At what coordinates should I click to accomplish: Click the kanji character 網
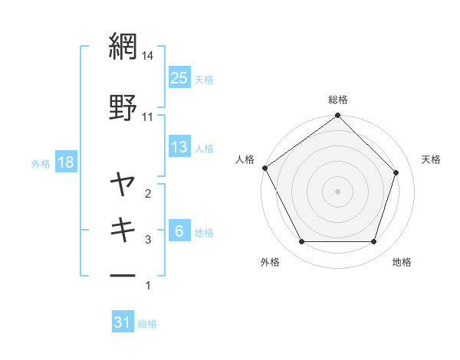pos(123,46)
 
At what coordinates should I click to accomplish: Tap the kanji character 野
pos(123,108)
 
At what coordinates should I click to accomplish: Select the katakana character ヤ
pos(123,185)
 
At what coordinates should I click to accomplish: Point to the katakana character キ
pos(123,230)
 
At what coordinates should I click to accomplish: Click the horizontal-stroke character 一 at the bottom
pos(123,275)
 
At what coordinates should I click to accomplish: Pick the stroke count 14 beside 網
pos(148,55)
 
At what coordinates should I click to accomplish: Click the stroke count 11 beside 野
pos(148,117)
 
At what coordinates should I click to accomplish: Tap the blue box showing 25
pos(179,77)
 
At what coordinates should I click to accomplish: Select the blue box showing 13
pos(179,147)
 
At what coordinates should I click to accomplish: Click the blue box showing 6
pos(179,232)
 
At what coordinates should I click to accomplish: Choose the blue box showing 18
pos(65,162)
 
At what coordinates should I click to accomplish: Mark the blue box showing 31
pos(123,323)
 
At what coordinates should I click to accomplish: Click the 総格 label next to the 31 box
pos(147,324)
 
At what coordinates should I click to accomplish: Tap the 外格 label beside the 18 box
pos(41,163)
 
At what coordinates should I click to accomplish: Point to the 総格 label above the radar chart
pos(338,100)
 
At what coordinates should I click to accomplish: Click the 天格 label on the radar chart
pos(431,159)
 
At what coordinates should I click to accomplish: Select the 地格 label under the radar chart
pos(402,262)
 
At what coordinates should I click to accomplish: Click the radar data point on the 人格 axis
pos(264,168)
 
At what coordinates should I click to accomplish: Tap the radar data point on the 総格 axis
pos(338,116)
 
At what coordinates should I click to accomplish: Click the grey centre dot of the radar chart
pos(338,191)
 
